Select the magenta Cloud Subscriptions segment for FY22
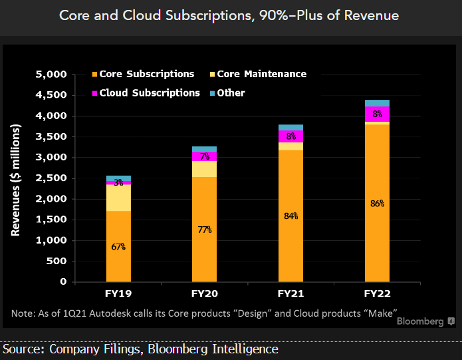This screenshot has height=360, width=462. [x=377, y=114]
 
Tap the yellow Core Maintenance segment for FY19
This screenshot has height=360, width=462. [x=118, y=198]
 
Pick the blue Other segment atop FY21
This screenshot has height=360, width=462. [x=290, y=127]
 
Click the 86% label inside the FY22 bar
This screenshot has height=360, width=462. [x=377, y=204]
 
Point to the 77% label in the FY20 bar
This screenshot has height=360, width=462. [x=204, y=230]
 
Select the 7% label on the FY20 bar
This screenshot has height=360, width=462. [x=204, y=156]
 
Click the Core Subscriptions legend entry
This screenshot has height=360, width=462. [x=142, y=74]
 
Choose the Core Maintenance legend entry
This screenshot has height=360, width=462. [x=264, y=74]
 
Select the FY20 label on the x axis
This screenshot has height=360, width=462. [x=204, y=293]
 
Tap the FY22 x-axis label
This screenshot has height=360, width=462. [x=377, y=293]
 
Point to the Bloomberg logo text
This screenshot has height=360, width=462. [x=420, y=322]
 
